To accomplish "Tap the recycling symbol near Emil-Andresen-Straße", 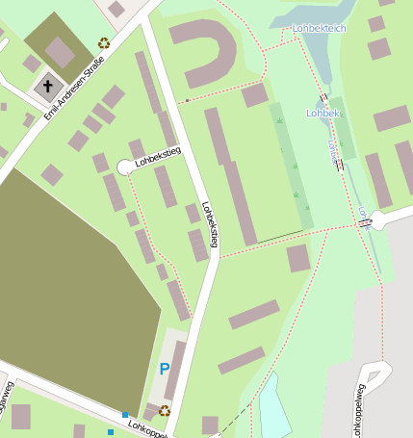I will pyautogui.click(x=104, y=42).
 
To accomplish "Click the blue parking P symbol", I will pyautogui.click(x=165, y=369).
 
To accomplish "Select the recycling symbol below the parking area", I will pyautogui.click(x=165, y=410).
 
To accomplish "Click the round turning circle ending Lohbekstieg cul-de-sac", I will pyautogui.click(x=125, y=167).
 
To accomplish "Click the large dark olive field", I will pyautogui.click(x=67, y=289).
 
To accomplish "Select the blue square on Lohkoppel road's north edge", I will pyautogui.click(x=125, y=415).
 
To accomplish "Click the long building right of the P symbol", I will pyautogui.click(x=175, y=370).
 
